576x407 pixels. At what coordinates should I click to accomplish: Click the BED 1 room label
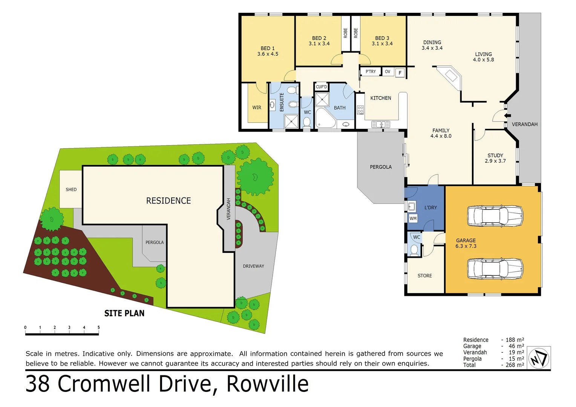268,48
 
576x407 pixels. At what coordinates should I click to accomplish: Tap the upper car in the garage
495,216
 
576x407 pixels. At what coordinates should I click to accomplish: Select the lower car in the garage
495,268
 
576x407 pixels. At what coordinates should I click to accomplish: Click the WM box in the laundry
413,219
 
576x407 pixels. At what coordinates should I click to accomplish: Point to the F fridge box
400,73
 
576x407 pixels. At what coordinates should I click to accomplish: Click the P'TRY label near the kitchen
371,72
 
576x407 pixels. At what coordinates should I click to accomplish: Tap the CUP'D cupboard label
322,87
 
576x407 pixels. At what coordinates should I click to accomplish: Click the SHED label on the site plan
71,190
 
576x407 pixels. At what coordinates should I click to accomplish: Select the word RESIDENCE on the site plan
169,201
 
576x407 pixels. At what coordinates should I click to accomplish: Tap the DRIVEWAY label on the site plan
253,266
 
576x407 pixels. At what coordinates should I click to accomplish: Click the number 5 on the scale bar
99,327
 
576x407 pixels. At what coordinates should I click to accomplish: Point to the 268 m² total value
515,365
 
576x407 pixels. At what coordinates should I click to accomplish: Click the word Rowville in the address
267,384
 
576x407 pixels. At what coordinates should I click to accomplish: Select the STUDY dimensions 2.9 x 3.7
495,161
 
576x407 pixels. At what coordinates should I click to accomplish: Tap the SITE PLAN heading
124,314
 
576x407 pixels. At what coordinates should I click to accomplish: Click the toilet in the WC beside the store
414,249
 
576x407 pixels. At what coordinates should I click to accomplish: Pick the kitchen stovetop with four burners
360,110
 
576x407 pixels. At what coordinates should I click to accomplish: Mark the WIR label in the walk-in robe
257,108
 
